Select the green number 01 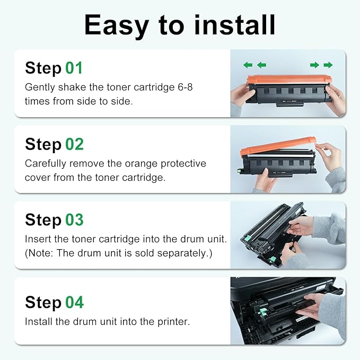point(74,68)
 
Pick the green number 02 point(74,144)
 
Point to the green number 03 point(74,219)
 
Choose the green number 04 point(74,302)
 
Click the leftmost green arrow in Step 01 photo point(248,65)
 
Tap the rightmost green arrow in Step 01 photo point(328,65)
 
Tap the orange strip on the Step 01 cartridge point(289,80)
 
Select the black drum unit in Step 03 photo point(265,233)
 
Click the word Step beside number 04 point(43,302)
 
